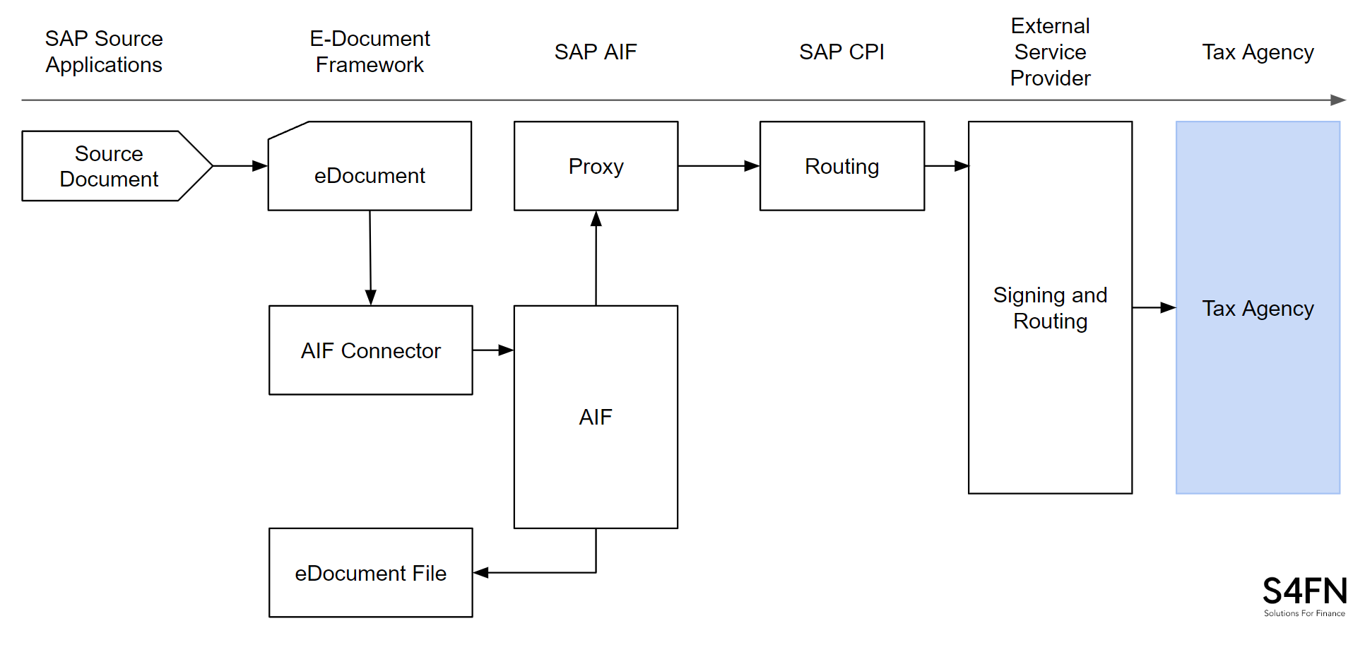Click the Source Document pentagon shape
[x=110, y=166]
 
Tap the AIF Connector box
[x=370, y=350]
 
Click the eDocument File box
[x=370, y=573]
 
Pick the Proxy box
[x=596, y=166]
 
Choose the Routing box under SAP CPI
[x=841, y=166]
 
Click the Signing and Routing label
[x=1050, y=308]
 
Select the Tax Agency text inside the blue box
[x=1258, y=309]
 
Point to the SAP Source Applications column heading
[x=104, y=52]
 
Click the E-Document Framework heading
[x=370, y=52]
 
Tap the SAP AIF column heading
[x=596, y=52]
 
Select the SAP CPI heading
[x=841, y=52]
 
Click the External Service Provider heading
[x=1050, y=52]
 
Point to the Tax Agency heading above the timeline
[x=1258, y=52]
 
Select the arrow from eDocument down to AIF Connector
[x=370, y=258]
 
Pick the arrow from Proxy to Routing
[x=718, y=166]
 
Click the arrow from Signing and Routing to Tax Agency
[x=1153, y=308]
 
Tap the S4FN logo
[x=1304, y=596]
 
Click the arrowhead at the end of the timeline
[x=1338, y=100]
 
